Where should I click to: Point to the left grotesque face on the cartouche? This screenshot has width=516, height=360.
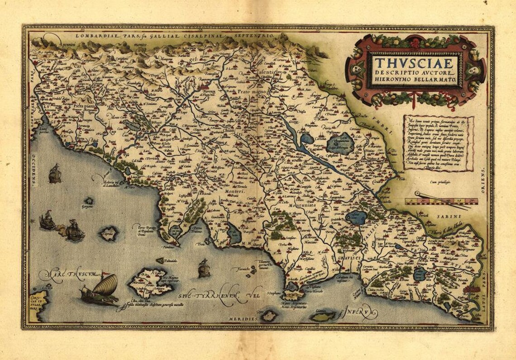[x=357, y=71]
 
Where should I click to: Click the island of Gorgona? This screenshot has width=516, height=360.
[x=89, y=200]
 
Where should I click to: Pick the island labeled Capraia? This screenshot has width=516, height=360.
[x=109, y=233]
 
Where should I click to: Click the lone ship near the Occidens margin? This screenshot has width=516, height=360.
[x=55, y=174]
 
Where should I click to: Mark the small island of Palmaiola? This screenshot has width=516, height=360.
[x=160, y=261]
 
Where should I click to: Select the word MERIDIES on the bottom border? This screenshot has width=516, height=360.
[x=244, y=319]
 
